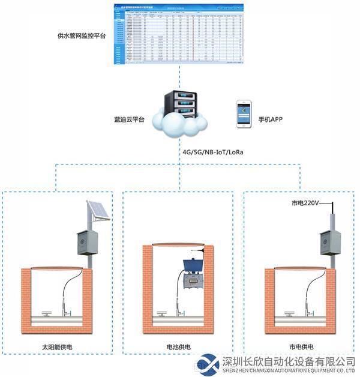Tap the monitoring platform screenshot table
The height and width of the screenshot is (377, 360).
point(178,34)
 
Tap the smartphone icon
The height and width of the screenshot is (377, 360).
point(242,113)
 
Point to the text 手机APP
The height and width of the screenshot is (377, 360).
point(270,119)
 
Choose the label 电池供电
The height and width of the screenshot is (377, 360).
point(178,347)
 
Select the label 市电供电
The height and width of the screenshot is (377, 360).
point(301,347)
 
